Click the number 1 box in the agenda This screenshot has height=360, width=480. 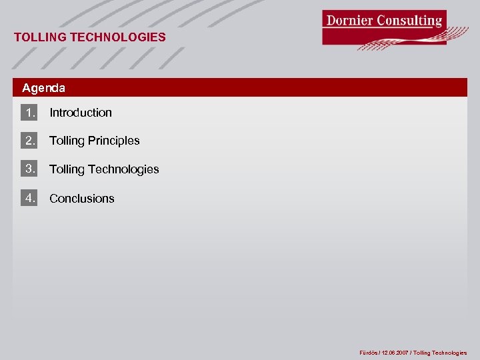click(x=29, y=113)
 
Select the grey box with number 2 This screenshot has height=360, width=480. click(x=29, y=141)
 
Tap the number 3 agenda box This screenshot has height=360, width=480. click(x=29, y=169)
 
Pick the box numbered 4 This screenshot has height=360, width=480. click(x=29, y=198)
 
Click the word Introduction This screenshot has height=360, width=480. click(x=81, y=113)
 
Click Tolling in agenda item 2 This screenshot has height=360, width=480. click(x=67, y=141)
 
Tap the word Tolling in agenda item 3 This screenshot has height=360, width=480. click(x=67, y=169)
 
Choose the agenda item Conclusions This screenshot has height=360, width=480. click(x=82, y=199)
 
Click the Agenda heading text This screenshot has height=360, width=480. click(x=43, y=88)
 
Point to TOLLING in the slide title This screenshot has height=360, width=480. click(x=40, y=37)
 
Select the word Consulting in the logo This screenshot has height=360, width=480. click(x=409, y=20)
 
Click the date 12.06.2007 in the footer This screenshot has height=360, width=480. click(x=395, y=353)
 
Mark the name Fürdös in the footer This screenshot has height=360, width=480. click(x=369, y=353)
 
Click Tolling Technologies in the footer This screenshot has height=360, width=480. click(x=440, y=353)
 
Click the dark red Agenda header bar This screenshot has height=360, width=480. click(x=267, y=88)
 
